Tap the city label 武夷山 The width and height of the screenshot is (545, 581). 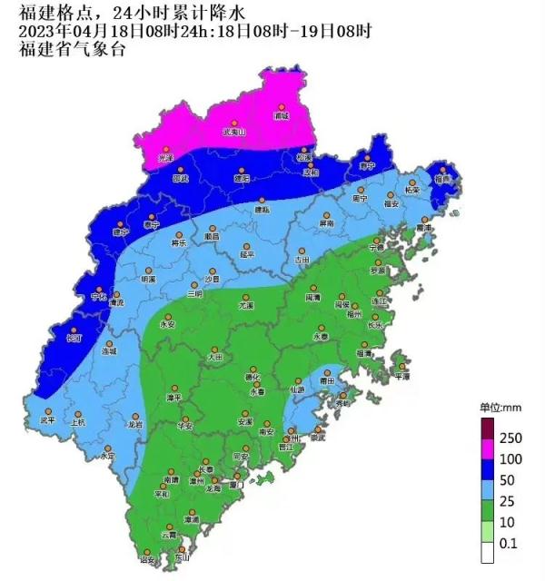point(234,132)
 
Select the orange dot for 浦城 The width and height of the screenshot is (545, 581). point(282,108)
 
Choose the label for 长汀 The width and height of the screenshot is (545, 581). point(74,339)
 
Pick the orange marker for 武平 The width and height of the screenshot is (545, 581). point(48,411)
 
